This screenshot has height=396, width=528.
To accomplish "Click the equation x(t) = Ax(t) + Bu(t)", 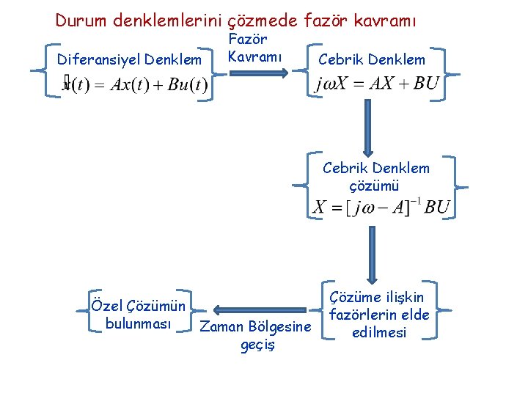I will (x=136, y=85).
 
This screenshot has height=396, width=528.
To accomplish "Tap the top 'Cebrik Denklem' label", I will (x=372, y=59).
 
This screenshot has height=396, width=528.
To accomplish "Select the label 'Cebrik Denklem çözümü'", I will (x=375, y=177).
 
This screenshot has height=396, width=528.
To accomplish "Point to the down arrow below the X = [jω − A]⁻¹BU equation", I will (x=371, y=250).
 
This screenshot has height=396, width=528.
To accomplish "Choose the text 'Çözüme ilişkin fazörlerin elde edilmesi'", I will (x=378, y=315).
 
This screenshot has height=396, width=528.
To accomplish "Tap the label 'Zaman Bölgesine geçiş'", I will (x=256, y=335).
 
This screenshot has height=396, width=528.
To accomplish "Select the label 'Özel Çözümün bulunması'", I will (x=138, y=314).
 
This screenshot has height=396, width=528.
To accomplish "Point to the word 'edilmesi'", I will (x=379, y=332).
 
